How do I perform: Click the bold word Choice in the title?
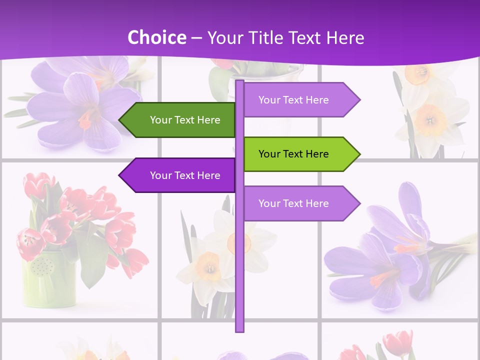(x=156, y=37)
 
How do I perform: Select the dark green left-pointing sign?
(x=180, y=120)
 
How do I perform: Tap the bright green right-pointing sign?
(x=300, y=154)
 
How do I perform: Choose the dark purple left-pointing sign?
(x=180, y=175)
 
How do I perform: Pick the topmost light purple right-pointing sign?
(x=300, y=100)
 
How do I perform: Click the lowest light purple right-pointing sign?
(x=300, y=203)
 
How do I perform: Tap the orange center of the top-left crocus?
(x=86, y=120)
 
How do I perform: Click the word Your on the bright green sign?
(x=268, y=154)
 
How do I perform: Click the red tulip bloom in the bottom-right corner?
(x=397, y=342)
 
